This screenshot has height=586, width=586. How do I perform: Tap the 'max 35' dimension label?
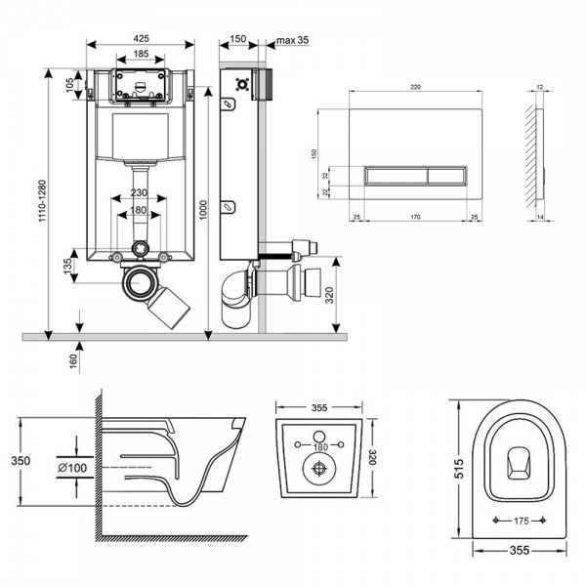coord(291,41)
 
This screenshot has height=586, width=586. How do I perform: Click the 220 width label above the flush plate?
coord(416,87)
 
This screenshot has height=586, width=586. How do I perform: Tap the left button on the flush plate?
coord(396,176)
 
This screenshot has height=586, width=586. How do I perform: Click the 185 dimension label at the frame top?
coord(142,56)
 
